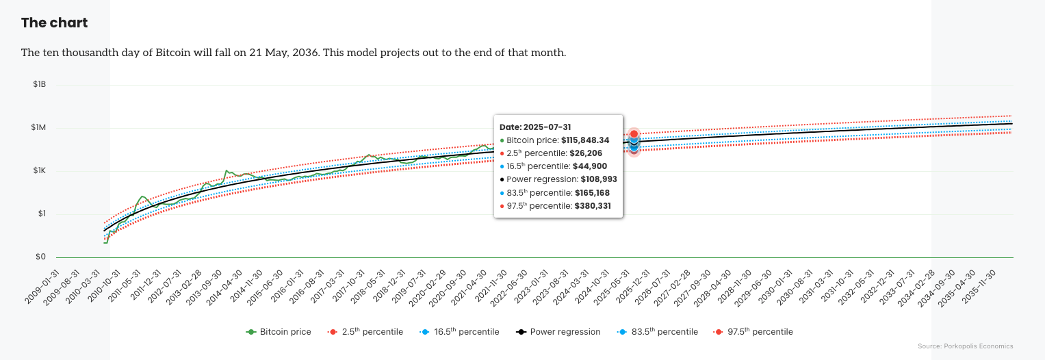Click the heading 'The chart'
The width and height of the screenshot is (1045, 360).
point(54,23)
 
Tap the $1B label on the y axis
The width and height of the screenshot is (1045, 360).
point(39,85)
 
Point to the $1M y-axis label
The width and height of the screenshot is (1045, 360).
point(39,128)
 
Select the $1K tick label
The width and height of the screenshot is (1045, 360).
point(39,171)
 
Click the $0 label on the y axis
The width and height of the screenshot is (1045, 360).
point(40,257)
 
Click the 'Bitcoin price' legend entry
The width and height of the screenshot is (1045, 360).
point(279,332)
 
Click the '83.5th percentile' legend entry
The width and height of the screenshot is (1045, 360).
point(658,332)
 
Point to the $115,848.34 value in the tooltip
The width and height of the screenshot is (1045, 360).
point(585,140)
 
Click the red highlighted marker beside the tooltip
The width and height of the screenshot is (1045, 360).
point(634,134)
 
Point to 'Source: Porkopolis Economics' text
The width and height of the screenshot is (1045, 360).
point(965,346)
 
